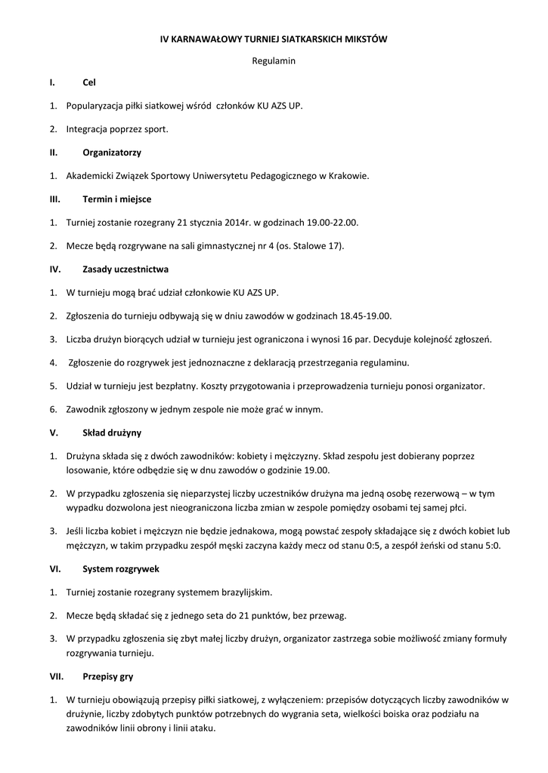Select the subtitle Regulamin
274,60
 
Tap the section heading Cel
88,82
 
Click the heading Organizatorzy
112,152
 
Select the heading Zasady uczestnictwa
125,269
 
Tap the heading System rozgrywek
120,568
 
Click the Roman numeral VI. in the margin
54,568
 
